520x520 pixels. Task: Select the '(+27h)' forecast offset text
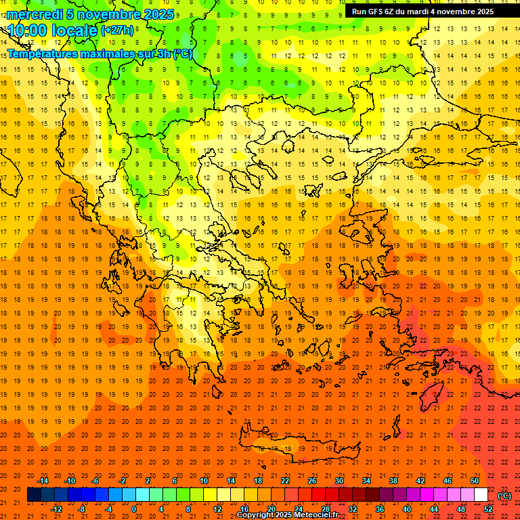point(117,30)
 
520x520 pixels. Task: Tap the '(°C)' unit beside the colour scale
point(504,495)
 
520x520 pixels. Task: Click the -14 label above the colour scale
point(43,481)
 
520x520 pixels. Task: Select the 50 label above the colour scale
point(475,481)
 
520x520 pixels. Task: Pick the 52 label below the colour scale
point(488,508)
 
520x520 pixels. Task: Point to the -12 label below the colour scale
point(57,508)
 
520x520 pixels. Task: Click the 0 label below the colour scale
point(133,508)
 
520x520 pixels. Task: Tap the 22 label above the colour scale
point(285,481)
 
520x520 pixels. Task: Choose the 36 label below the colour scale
point(380,508)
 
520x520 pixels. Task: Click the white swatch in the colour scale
point(481,494)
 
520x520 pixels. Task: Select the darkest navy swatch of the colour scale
point(34,494)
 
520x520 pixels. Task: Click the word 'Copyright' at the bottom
point(257,515)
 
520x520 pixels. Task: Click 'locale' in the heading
point(73,30)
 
